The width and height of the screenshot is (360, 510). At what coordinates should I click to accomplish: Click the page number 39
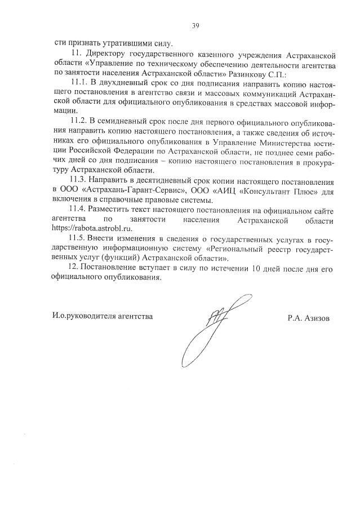195,25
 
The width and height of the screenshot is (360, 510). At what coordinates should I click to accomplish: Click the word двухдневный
124,83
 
